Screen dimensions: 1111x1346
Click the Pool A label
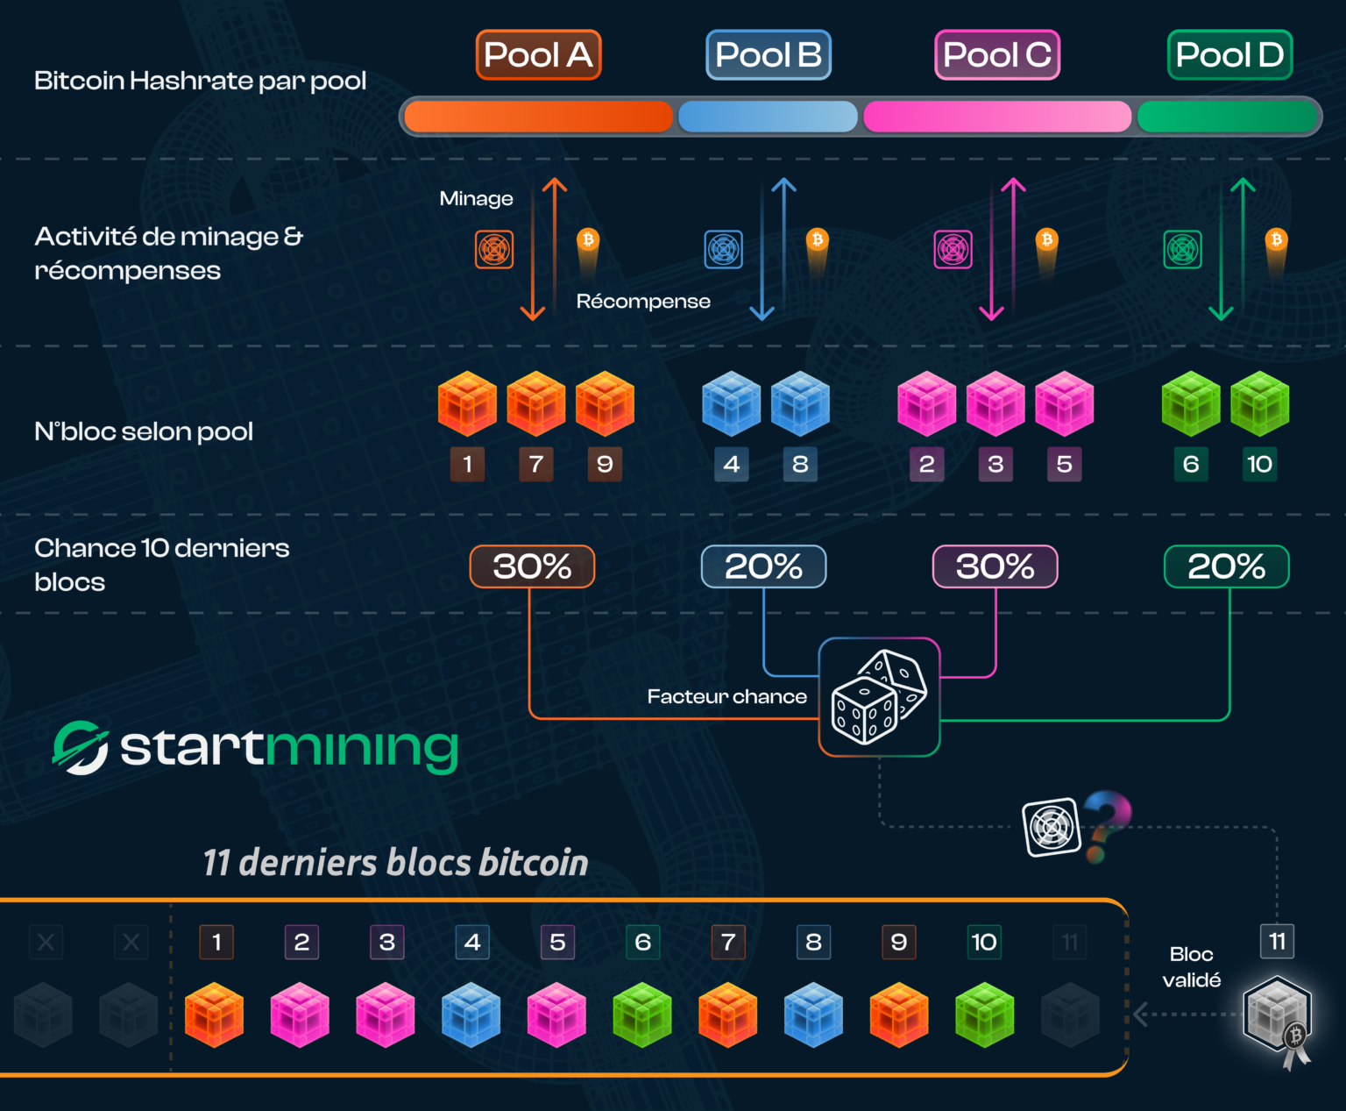click(538, 55)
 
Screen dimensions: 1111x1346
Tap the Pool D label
click(1229, 55)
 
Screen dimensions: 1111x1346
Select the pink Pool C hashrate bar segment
click(996, 117)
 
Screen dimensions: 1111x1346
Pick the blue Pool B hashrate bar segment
click(768, 117)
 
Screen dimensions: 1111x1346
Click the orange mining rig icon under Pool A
click(494, 250)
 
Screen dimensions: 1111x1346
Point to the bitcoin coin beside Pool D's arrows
click(1277, 240)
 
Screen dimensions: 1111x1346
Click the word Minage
click(476, 199)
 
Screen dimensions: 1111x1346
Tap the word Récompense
click(643, 302)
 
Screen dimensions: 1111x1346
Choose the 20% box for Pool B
click(763, 566)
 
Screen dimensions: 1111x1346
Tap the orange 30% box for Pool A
click(532, 566)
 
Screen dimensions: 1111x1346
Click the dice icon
click(879, 697)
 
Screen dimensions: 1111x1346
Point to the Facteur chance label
click(726, 697)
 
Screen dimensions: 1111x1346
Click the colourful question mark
click(1105, 824)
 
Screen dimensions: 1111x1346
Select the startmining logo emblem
click(81, 748)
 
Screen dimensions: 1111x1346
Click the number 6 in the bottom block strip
click(642, 943)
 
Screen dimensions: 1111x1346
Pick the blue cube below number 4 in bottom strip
click(471, 1015)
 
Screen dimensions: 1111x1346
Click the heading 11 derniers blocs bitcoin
click(395, 863)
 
